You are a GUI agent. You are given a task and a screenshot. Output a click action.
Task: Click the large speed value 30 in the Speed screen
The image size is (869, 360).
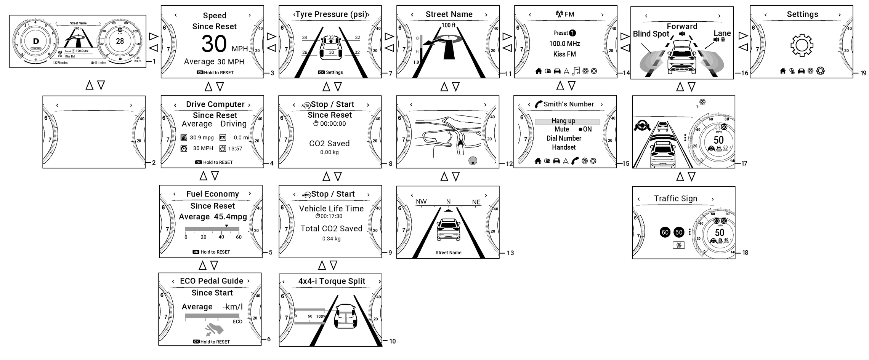coord(214,44)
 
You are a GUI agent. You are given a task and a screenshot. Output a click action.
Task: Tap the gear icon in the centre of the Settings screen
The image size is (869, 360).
coord(802,45)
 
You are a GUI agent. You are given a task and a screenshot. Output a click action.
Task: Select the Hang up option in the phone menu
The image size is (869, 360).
coord(563,121)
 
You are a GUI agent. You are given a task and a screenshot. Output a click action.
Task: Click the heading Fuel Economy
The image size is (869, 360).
coord(212,194)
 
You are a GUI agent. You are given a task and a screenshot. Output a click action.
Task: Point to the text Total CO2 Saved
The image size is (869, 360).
coord(331,229)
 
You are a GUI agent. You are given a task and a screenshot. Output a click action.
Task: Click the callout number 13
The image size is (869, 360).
coord(510,253)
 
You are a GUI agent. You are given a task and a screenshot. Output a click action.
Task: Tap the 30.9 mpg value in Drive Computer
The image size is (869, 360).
coord(202,138)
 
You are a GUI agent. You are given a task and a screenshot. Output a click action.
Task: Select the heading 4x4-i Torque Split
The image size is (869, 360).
coord(332,281)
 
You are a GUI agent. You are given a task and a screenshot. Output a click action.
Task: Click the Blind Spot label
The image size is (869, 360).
coord(651,34)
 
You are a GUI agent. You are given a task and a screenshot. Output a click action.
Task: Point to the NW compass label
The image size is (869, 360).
coord(421,202)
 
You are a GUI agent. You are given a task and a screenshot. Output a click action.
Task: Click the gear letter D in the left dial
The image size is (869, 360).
coord(36,42)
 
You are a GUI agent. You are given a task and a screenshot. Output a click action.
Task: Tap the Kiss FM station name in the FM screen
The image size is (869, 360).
coord(564,54)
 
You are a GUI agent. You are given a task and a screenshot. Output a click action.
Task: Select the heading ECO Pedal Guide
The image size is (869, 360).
coord(212,281)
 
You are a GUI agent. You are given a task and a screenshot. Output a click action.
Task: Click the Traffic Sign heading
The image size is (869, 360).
coord(675,198)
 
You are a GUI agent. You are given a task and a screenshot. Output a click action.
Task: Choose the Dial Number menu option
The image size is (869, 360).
coord(564,138)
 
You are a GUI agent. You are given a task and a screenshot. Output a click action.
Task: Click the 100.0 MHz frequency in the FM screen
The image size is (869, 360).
coord(564,44)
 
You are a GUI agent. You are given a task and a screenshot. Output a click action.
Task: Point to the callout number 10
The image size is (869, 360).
coord(393,341)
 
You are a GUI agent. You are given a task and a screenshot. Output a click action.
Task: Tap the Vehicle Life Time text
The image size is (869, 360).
coord(331,208)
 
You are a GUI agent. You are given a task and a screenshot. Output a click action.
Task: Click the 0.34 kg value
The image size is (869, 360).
coord(331,239)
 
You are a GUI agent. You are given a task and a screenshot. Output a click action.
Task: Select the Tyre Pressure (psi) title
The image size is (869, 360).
coord(331,14)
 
